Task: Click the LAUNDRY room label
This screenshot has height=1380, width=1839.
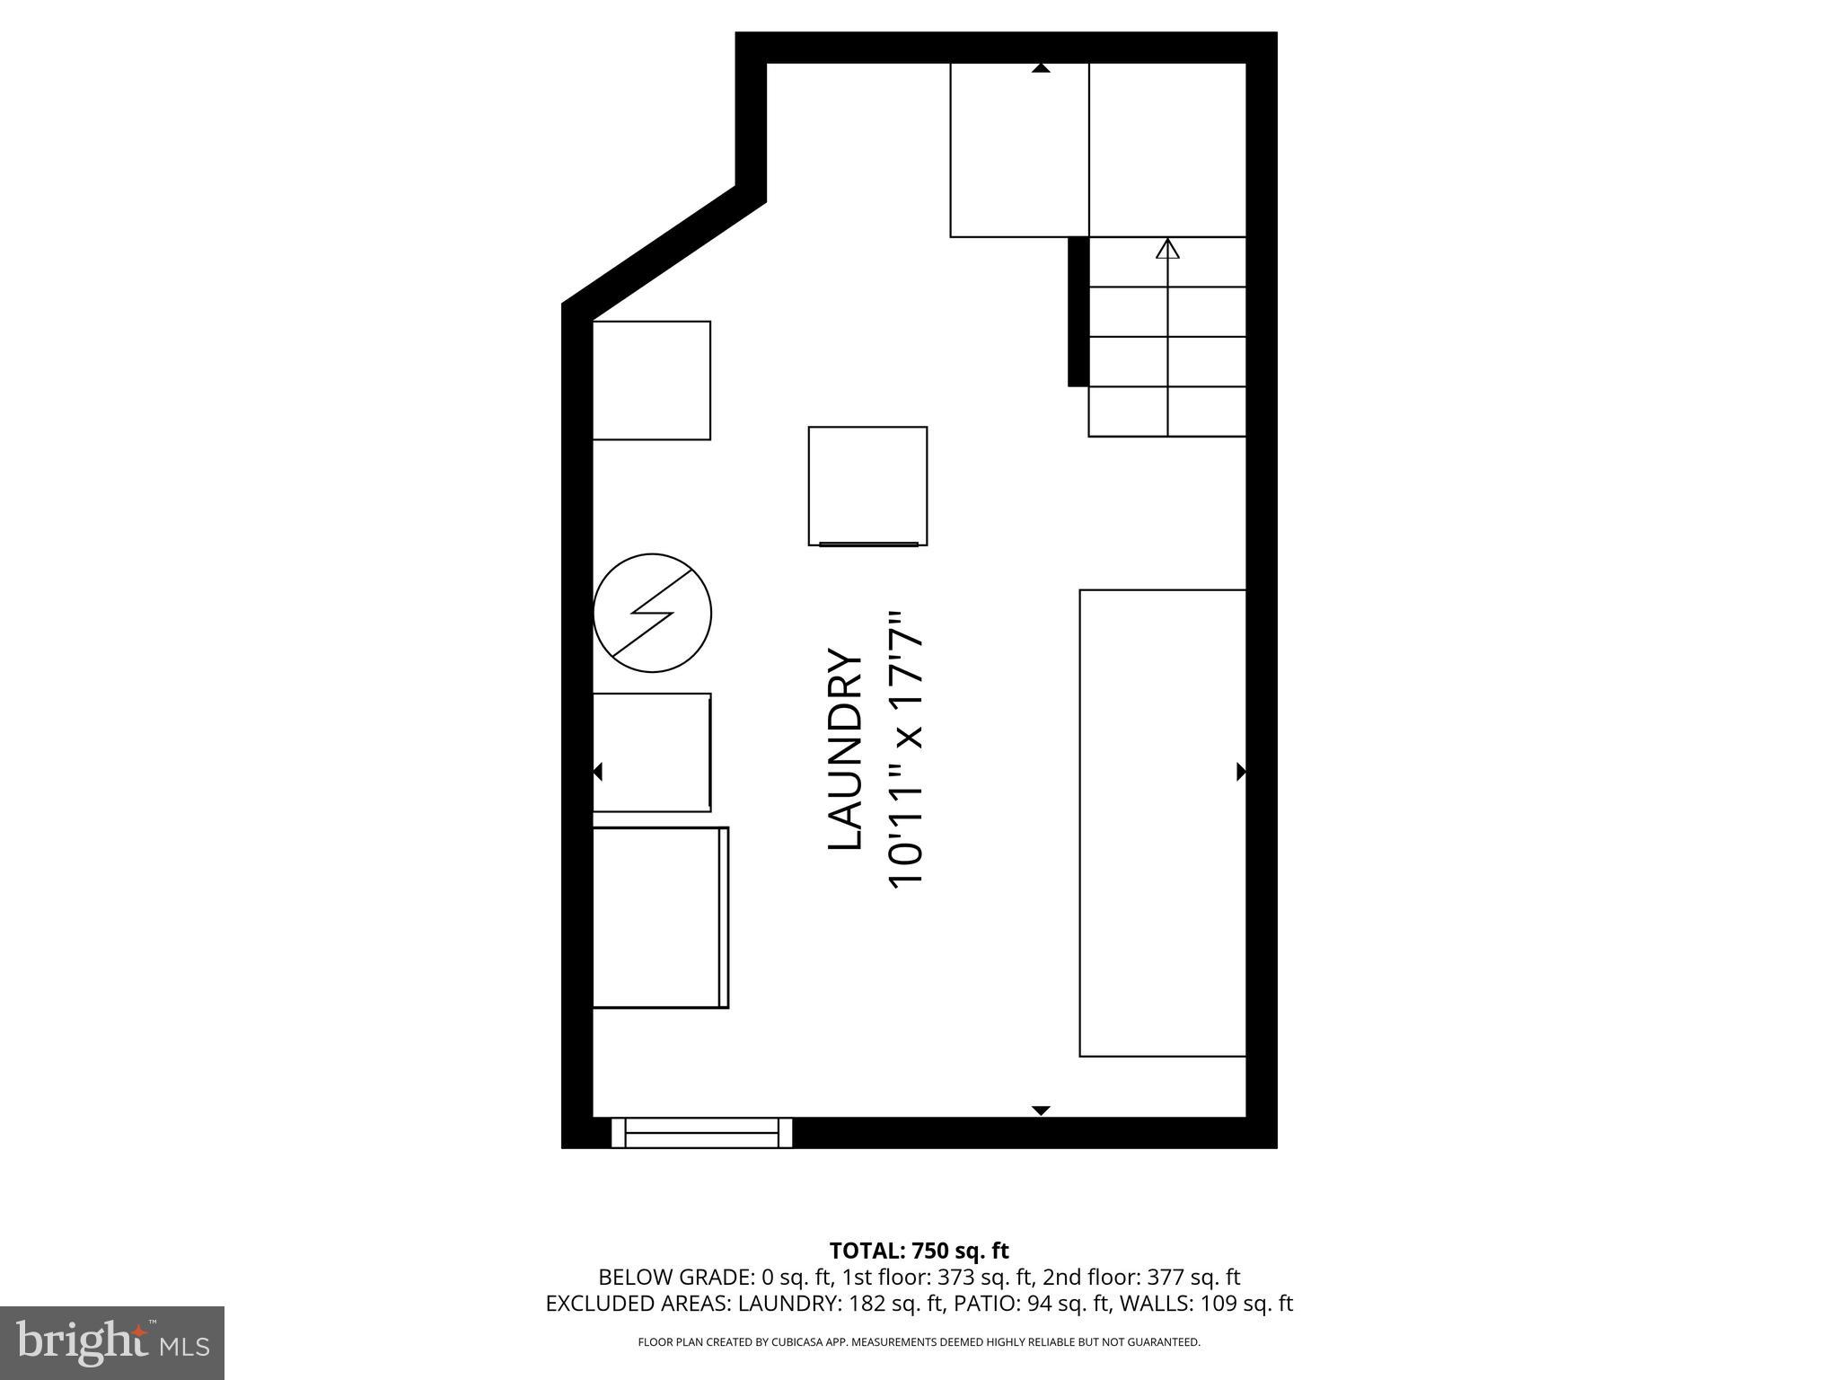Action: (x=844, y=749)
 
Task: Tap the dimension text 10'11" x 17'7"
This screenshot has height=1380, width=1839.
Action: (x=905, y=750)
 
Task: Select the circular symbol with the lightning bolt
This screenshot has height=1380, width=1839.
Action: (x=653, y=613)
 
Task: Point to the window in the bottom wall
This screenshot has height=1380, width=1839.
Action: (x=701, y=1132)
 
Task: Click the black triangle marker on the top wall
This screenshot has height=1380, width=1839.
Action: (x=1041, y=68)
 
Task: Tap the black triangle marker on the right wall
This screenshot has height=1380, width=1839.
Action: (x=1241, y=771)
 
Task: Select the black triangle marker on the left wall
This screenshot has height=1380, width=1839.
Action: (x=597, y=771)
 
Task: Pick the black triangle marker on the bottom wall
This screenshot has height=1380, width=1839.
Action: (x=1041, y=1110)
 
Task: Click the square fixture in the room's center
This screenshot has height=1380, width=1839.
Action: (x=867, y=486)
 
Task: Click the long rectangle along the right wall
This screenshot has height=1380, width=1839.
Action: (x=1163, y=822)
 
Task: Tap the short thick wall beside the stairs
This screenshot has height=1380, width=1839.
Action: (x=1078, y=312)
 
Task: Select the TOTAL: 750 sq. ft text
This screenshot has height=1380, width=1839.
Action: (x=919, y=1251)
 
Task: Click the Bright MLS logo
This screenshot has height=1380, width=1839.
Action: (x=112, y=1342)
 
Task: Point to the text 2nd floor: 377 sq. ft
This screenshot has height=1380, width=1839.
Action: (x=1141, y=1277)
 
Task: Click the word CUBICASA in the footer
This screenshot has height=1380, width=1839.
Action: (x=794, y=1342)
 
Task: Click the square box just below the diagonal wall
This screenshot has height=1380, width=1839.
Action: (x=652, y=380)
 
